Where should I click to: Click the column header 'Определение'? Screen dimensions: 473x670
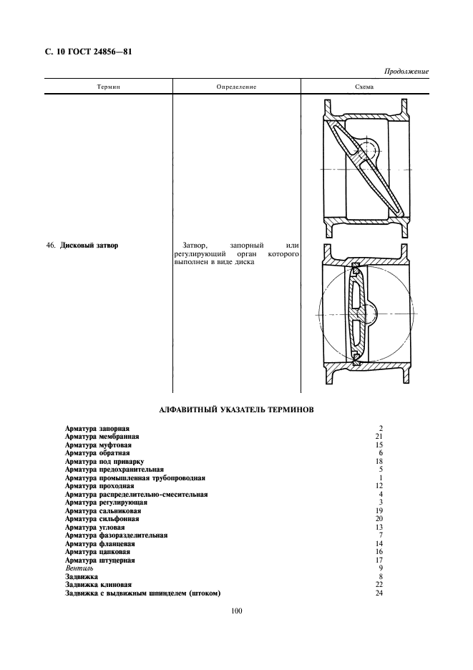click(x=236, y=87)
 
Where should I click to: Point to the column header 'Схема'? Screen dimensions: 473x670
click(x=365, y=87)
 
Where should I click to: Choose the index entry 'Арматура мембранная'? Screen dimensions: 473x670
click(x=102, y=436)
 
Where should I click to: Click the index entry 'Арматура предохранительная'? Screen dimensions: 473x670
click(x=114, y=470)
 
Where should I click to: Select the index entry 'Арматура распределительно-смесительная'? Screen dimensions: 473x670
click(x=136, y=494)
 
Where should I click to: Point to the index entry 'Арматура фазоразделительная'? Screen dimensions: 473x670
click(x=116, y=535)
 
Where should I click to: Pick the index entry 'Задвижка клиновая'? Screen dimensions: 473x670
click(x=100, y=584)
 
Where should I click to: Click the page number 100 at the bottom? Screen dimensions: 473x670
click(x=238, y=611)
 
